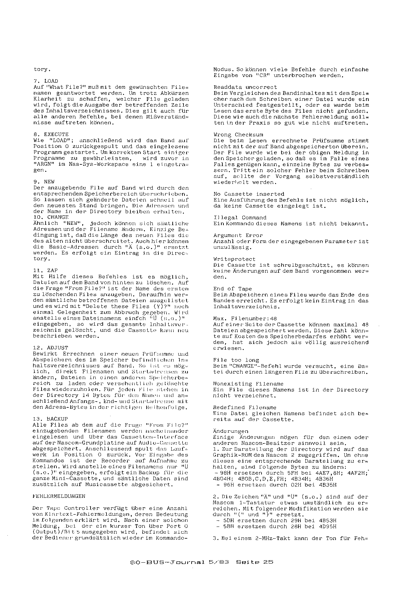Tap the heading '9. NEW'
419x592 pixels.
pos(44,182)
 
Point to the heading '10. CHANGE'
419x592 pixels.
pos(51,217)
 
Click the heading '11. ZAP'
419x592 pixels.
pos(45,270)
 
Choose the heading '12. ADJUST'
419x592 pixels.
pos(50,348)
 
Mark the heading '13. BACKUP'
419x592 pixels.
pos(50,419)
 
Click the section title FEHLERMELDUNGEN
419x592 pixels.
pos(59,496)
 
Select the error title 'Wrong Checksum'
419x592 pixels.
pos(238,135)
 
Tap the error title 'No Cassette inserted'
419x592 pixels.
pos(249,194)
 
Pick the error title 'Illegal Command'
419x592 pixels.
pos(240,218)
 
